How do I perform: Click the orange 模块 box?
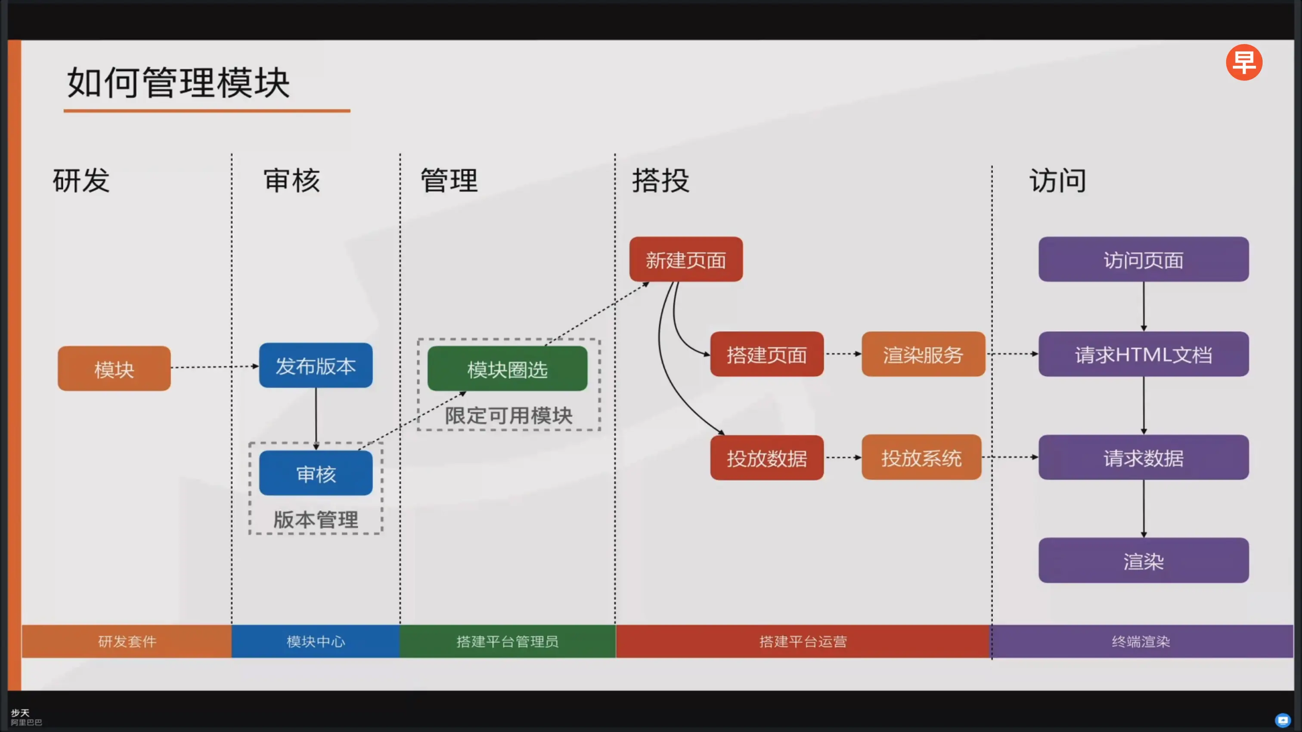pyautogui.click(x=114, y=369)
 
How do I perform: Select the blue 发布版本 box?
pyautogui.click(x=316, y=366)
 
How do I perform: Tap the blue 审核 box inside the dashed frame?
pyautogui.click(x=316, y=473)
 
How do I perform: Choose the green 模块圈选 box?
pyautogui.click(x=508, y=369)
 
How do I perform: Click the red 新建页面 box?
pyautogui.click(x=686, y=259)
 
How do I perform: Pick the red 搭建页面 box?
pyautogui.click(x=767, y=354)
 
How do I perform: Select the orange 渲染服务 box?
pyautogui.click(x=923, y=354)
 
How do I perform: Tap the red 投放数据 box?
pyautogui.click(x=767, y=458)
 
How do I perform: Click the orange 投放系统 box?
pyautogui.click(x=921, y=458)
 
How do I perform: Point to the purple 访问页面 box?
pyautogui.click(x=1143, y=259)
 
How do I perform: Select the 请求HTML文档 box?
pyautogui.click(x=1143, y=354)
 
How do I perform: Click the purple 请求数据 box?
pyautogui.click(x=1143, y=458)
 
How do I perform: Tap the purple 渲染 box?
pyautogui.click(x=1143, y=561)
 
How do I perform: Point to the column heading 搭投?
pyautogui.click(x=660, y=180)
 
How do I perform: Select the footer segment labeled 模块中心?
pyautogui.click(x=316, y=641)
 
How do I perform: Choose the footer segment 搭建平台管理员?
pyautogui.click(x=508, y=641)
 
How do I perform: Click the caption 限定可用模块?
pyautogui.click(x=508, y=416)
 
